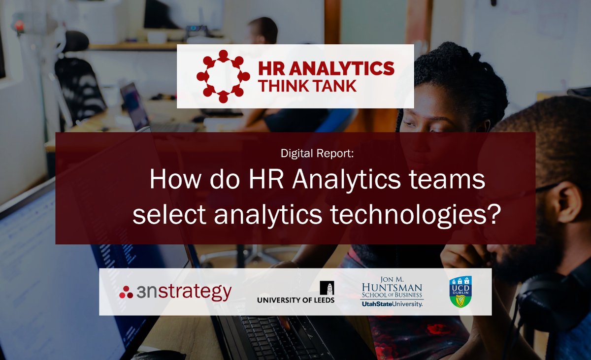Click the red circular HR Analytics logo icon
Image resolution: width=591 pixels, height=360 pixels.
pyautogui.click(x=223, y=76)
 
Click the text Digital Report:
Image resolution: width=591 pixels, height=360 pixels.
pyautogui.click(x=317, y=153)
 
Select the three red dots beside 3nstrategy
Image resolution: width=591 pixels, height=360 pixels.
pyautogui.click(x=126, y=292)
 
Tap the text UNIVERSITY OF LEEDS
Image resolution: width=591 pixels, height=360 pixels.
pyautogui.click(x=295, y=300)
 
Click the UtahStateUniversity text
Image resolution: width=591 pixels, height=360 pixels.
pyautogui.click(x=392, y=304)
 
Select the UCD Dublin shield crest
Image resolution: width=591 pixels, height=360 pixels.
pyautogui.click(x=460, y=291)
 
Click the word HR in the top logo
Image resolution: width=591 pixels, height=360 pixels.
pyautogui.click(x=271, y=68)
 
